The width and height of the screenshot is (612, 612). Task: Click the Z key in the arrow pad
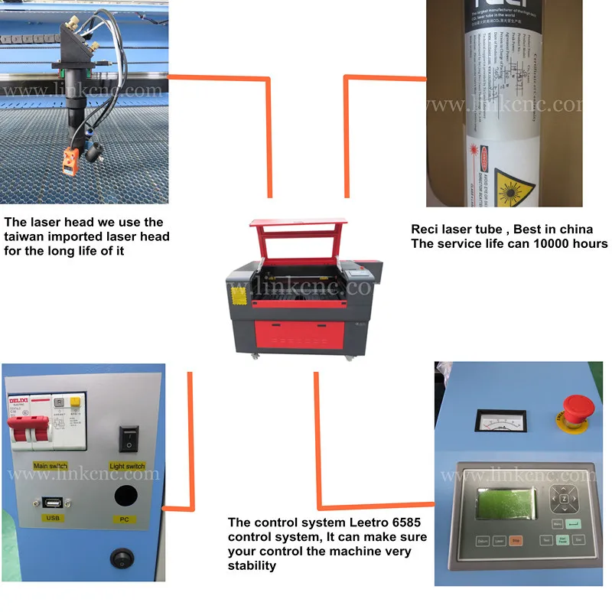565,500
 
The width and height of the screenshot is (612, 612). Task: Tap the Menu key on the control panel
558,524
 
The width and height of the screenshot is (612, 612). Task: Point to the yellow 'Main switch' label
51,466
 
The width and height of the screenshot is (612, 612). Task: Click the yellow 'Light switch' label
127,466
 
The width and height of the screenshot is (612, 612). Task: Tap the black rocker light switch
128,438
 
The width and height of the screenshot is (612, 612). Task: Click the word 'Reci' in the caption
427,229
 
